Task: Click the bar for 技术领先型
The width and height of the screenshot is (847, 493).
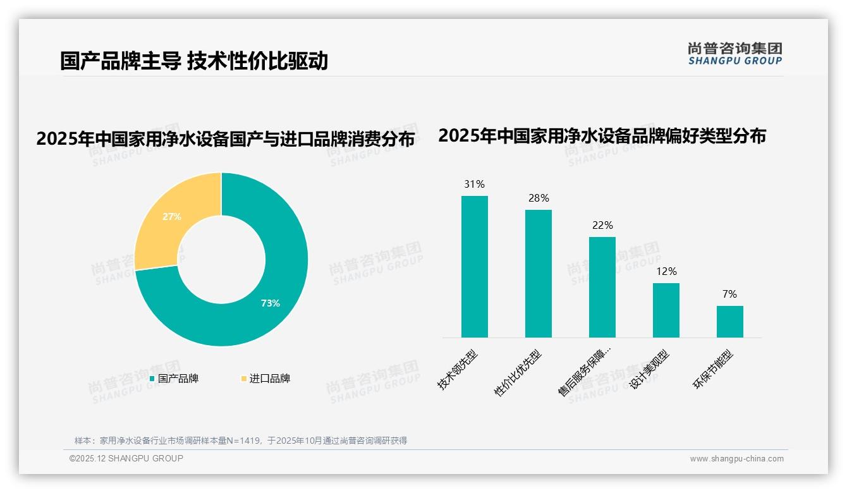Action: [x=474, y=267]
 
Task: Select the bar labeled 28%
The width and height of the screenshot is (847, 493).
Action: [x=538, y=274]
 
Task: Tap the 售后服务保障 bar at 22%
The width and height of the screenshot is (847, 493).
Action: [x=602, y=288]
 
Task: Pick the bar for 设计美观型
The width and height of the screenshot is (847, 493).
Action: [x=666, y=310]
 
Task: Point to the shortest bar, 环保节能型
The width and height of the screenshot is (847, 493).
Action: [x=729, y=322]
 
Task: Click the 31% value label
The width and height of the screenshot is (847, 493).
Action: [x=474, y=185]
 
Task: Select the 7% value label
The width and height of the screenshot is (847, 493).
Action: [x=729, y=294]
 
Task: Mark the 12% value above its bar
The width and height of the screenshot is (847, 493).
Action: [x=666, y=272]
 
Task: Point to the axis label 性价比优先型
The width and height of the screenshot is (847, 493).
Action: [x=519, y=372]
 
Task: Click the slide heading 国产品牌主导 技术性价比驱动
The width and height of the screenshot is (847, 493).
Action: [x=194, y=61]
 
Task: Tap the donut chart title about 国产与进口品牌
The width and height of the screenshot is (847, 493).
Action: [x=225, y=139]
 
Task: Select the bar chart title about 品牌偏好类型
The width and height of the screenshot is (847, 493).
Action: [x=602, y=136]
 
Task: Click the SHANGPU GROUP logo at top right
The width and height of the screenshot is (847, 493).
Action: [x=734, y=54]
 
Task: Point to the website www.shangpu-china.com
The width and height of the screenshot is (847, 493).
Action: [x=736, y=459]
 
